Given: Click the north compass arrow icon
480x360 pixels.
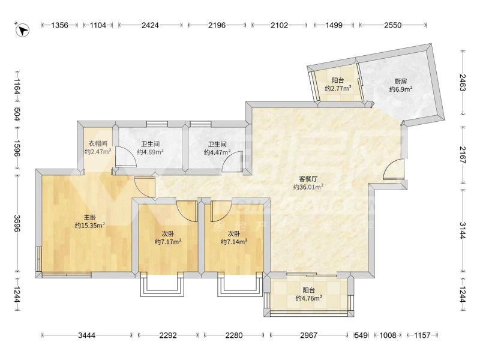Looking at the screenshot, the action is [22, 29].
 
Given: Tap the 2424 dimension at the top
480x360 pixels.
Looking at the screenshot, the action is [150, 25].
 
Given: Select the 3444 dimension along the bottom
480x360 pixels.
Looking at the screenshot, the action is [86, 335].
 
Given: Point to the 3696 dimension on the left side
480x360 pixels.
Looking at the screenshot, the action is [17, 223].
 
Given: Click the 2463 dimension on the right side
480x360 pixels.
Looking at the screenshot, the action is [463, 83].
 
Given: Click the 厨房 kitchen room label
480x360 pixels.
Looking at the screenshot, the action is [401, 82].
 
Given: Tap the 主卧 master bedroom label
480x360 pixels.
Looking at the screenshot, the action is [90, 218].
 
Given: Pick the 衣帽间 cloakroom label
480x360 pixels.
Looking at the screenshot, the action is [98, 143].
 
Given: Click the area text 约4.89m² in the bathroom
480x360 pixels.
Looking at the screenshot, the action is [151, 152].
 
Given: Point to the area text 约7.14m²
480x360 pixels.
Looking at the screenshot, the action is [234, 242].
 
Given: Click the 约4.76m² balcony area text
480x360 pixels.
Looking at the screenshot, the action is [308, 298].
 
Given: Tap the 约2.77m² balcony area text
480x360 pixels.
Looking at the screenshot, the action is [338, 88].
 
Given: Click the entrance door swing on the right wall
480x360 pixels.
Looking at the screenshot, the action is [394, 169].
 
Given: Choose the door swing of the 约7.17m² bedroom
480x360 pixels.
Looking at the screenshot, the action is [186, 211].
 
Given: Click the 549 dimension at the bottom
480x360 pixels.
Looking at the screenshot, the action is [361, 335].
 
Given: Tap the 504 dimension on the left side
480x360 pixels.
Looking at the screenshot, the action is [17, 114].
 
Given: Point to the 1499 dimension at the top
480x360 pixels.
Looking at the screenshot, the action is [334, 25].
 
